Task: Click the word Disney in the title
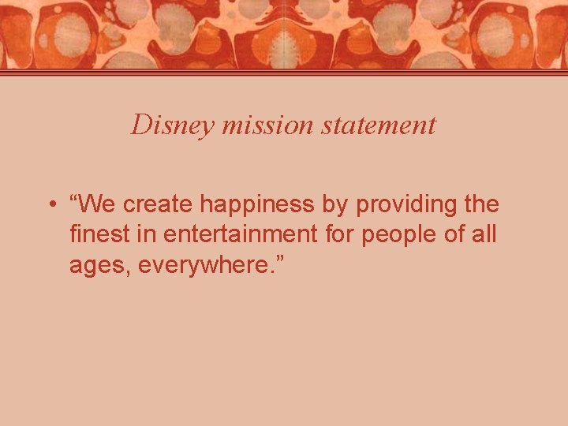(x=163, y=125)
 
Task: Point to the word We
(x=97, y=204)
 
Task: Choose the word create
(x=159, y=204)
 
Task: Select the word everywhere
(x=207, y=266)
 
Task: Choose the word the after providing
(x=481, y=204)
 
